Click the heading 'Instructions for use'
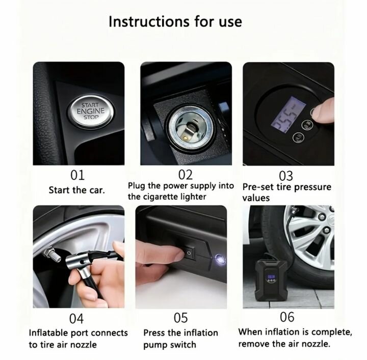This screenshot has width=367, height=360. tap(175, 22)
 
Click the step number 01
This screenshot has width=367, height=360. tap(77, 175)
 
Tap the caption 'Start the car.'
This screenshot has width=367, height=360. tap(77, 190)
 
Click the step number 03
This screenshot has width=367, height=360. tap(286, 176)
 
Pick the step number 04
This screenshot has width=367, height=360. tap(76, 319)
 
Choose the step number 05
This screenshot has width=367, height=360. tap(180, 318)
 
